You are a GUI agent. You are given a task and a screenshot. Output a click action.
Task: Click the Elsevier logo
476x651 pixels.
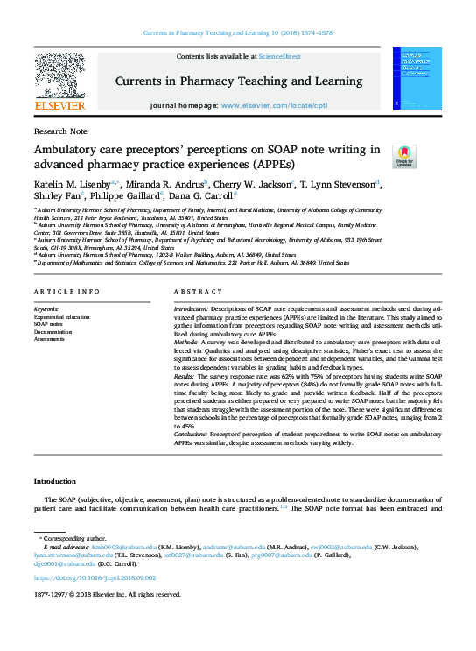click(x=59, y=81)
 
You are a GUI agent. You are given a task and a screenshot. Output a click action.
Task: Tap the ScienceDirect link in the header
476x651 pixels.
click(x=279, y=56)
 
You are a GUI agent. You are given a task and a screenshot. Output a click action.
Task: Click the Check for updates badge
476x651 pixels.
click(x=404, y=157)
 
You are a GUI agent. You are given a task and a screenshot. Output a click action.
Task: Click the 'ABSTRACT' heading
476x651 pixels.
click(x=192, y=291)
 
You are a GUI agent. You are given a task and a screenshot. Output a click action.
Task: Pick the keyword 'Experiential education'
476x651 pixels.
click(x=61, y=316)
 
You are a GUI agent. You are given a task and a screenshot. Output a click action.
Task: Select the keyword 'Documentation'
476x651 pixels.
click(x=53, y=331)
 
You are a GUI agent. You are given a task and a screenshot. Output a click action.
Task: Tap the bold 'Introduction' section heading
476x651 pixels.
click(x=55, y=482)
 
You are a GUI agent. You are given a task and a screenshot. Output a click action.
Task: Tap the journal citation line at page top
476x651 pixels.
click(x=238, y=35)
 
